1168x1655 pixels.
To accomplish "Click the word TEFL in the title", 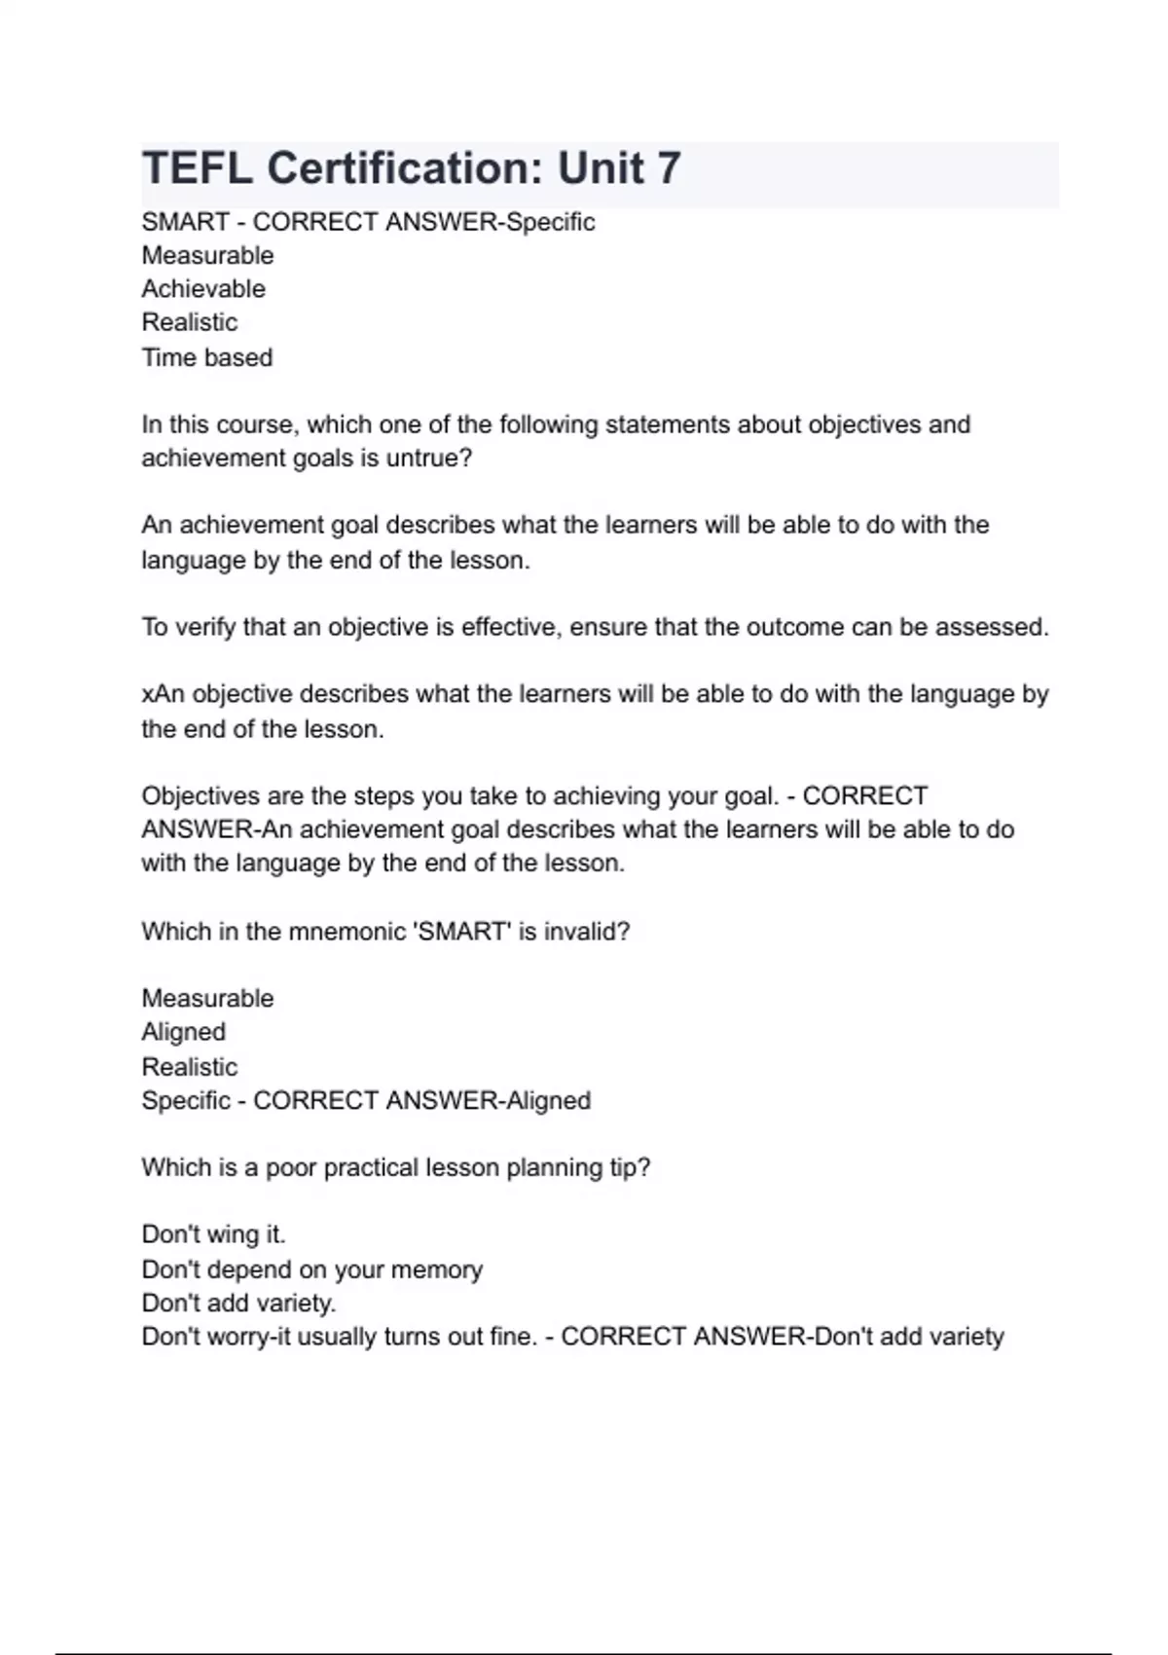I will click(x=198, y=168).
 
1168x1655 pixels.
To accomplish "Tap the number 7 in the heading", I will click(x=668, y=168).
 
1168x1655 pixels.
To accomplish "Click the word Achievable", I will click(x=203, y=289).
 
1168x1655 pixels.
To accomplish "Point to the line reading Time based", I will click(x=207, y=357).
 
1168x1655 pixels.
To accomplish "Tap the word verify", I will click(x=205, y=627).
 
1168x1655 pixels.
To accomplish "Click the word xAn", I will click(x=163, y=694).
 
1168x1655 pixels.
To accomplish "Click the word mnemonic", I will click(x=348, y=932).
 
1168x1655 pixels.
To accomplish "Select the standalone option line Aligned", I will click(x=184, y=1032).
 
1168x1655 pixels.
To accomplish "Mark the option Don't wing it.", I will click(x=213, y=1234).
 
